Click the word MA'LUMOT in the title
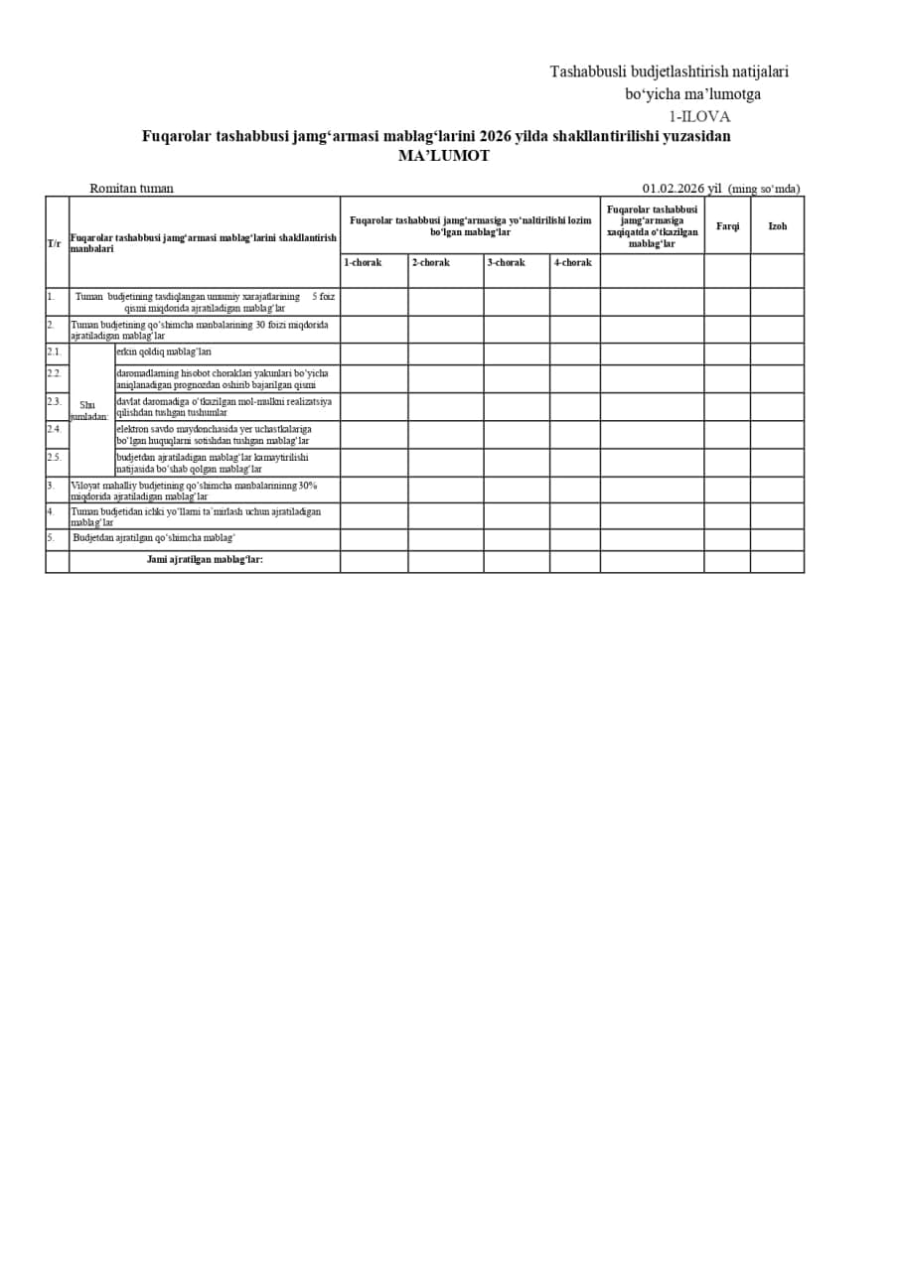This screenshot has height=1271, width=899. pyautogui.click(x=444, y=156)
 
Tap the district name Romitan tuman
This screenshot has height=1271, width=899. pyautogui.click(x=131, y=188)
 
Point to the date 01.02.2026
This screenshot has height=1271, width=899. pyautogui.click(x=673, y=189)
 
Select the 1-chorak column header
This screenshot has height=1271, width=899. pyautogui.click(x=363, y=262)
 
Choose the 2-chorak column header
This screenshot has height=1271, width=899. pyautogui.click(x=431, y=262)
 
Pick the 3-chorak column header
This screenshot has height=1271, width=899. pyautogui.click(x=507, y=262)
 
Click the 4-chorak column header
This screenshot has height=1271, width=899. pyautogui.click(x=572, y=262)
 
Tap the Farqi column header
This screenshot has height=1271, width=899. pyautogui.click(x=727, y=226)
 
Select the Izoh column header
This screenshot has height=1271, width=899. pyautogui.click(x=777, y=226)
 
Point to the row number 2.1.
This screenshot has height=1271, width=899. pyautogui.click(x=54, y=352)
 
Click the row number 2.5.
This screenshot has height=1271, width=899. pyautogui.click(x=54, y=457)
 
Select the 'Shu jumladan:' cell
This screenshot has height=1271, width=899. pyautogui.click(x=89, y=410)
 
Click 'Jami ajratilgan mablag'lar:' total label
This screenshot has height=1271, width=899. pyautogui.click(x=205, y=560)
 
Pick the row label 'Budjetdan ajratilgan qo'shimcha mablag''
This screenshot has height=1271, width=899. pyautogui.click(x=154, y=538)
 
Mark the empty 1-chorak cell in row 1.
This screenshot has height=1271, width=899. pyautogui.click(x=374, y=302)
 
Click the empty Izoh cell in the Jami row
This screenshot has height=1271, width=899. pyautogui.click(x=777, y=562)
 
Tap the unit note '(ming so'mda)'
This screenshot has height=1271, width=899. pyautogui.click(x=764, y=189)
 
